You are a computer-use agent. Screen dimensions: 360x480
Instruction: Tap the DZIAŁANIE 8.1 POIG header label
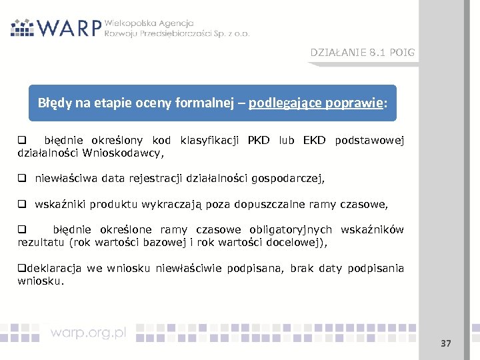[x=362, y=53]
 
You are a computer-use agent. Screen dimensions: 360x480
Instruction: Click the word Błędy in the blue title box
[x=53, y=103]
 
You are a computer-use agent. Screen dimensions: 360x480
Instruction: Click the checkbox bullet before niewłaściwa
[x=22, y=179]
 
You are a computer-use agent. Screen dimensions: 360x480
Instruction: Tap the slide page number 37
[x=446, y=343]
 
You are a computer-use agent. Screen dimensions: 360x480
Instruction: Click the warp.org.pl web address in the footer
[x=89, y=333]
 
